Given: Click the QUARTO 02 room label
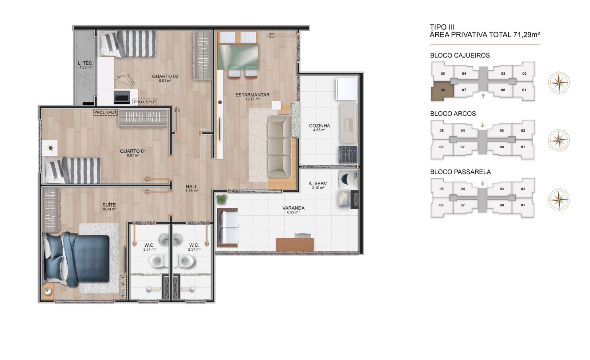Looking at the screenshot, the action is pos(165,76).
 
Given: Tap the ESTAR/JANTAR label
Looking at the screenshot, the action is pos(252,95).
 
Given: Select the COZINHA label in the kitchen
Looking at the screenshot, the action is pos(319,126).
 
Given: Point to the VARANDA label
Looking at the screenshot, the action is pos(293,208).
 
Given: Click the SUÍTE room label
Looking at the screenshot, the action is pos(109,205).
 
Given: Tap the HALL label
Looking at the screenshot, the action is pos(191,186).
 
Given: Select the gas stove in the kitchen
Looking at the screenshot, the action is pos(348,155).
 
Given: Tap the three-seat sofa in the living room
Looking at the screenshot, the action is pos(279,147).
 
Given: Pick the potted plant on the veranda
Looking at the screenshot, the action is pos(222,199).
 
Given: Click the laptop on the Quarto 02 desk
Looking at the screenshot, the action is pos(122,97).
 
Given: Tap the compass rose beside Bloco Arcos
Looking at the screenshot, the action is pos(559,140).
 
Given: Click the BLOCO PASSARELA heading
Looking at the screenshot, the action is pos(460,172).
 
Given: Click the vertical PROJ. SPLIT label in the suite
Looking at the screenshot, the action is pos(123,287).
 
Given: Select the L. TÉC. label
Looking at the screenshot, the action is pos(85,63).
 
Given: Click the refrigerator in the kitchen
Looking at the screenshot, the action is pos(347,89).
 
